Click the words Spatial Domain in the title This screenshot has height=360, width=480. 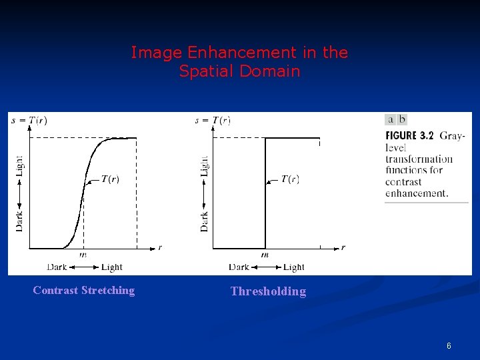point(239,71)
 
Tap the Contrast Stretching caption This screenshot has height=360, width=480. point(83,290)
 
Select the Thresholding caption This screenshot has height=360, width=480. point(268,291)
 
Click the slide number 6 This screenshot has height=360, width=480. point(449,346)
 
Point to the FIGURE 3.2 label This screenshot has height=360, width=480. point(409,135)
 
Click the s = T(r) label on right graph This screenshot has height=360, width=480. point(213,121)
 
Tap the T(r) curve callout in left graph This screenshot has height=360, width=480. point(110,179)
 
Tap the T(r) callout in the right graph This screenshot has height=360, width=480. point(290,179)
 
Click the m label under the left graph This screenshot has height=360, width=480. point(83,254)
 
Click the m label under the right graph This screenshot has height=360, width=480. point(265,254)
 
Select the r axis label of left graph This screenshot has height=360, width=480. point(160,247)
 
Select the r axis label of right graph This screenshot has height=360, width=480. point(343,247)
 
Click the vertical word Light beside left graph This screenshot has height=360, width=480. point(19,165)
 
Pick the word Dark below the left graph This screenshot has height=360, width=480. point(57,267)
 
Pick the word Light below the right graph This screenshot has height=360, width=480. point(294,267)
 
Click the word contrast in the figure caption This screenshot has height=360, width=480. point(403,182)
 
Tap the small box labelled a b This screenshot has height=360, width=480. point(396,119)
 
